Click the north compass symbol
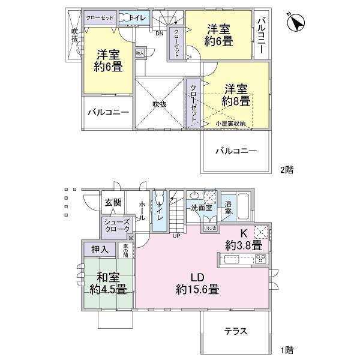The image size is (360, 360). pyautogui.click(x=296, y=23)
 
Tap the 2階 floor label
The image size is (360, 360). pyautogui.click(x=286, y=170)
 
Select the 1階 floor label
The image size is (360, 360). pyautogui.click(x=286, y=349)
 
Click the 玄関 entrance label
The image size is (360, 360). pyautogui.click(x=112, y=203)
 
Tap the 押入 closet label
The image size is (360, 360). pyautogui.click(x=99, y=249)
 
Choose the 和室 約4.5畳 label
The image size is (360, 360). pyautogui.click(x=109, y=283)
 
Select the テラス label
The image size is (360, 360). pyautogui.click(x=236, y=331)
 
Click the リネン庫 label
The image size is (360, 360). pyautogui.click(x=209, y=227)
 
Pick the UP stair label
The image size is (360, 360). pyautogui.click(x=176, y=236)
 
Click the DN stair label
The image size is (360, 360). pyautogui.click(x=159, y=34)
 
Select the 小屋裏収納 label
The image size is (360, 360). pyautogui.click(x=231, y=123)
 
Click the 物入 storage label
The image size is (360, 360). pyautogui.click(x=140, y=54)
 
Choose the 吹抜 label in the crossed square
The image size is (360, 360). pyautogui.click(x=158, y=103)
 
